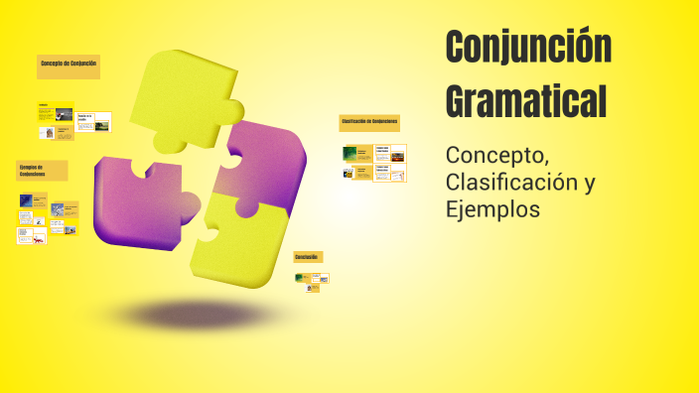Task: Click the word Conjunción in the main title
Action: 528,48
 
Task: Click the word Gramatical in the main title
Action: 526,100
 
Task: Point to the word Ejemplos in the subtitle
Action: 493,210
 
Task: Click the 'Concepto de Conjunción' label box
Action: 69,65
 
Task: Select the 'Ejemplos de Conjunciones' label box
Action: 42,170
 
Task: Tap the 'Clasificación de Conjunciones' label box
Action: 369,122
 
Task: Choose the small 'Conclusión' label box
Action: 308,257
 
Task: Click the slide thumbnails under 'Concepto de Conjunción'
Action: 74,122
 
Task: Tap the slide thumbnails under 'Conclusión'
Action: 312,281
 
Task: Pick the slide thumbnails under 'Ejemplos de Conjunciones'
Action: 47,217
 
